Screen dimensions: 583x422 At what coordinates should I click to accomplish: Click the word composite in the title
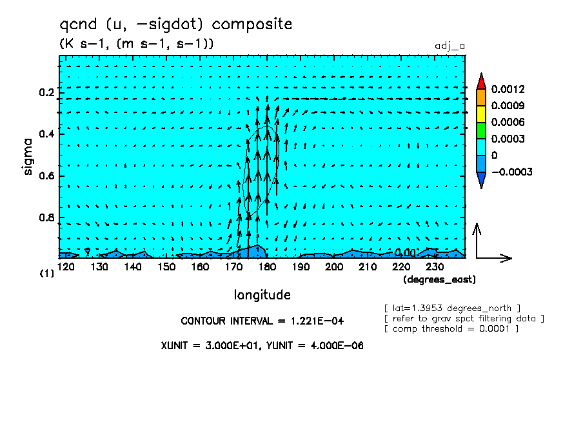252,25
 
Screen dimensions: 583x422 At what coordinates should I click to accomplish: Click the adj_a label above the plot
450,46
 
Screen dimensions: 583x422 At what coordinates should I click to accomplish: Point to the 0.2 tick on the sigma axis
46,92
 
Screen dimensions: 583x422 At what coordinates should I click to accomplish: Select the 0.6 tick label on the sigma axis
46,176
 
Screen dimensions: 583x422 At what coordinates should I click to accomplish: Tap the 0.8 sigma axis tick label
46,217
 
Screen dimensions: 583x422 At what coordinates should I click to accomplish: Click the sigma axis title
28,156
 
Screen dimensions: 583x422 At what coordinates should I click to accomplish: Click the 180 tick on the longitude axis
267,267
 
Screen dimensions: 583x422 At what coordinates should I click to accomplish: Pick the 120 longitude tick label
66,267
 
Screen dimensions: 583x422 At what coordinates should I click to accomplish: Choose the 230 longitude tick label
435,267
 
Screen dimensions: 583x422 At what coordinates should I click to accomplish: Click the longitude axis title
262,295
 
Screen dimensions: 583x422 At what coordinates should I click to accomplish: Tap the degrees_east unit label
439,279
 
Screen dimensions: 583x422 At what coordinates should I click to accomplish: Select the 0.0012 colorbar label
508,89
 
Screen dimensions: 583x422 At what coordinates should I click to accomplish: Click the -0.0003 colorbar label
512,172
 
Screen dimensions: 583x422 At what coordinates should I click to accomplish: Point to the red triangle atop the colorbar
481,81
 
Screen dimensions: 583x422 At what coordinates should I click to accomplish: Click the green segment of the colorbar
481,130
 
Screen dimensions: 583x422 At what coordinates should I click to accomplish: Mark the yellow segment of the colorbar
481,114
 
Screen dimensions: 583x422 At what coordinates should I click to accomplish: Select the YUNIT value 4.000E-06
337,346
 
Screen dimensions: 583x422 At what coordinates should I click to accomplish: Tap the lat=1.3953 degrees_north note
452,308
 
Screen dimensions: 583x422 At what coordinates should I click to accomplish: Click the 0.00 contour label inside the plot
404,253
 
